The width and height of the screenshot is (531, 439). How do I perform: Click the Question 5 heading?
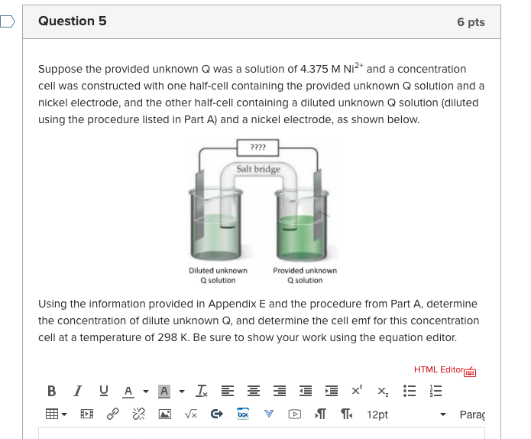pyautogui.click(x=73, y=21)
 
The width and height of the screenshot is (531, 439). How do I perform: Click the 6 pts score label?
pyautogui.click(x=471, y=22)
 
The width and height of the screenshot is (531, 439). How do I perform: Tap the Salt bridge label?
pyautogui.click(x=258, y=169)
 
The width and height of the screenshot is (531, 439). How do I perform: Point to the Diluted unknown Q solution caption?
pyautogui.click(x=218, y=275)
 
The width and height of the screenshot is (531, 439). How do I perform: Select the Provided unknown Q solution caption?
pyautogui.click(x=304, y=275)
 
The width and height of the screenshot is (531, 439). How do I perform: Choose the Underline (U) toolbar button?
pyautogui.click(x=103, y=392)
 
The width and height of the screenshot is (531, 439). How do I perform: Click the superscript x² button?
pyautogui.click(x=356, y=391)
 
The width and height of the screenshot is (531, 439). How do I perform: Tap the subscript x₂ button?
pyautogui.click(x=380, y=392)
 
